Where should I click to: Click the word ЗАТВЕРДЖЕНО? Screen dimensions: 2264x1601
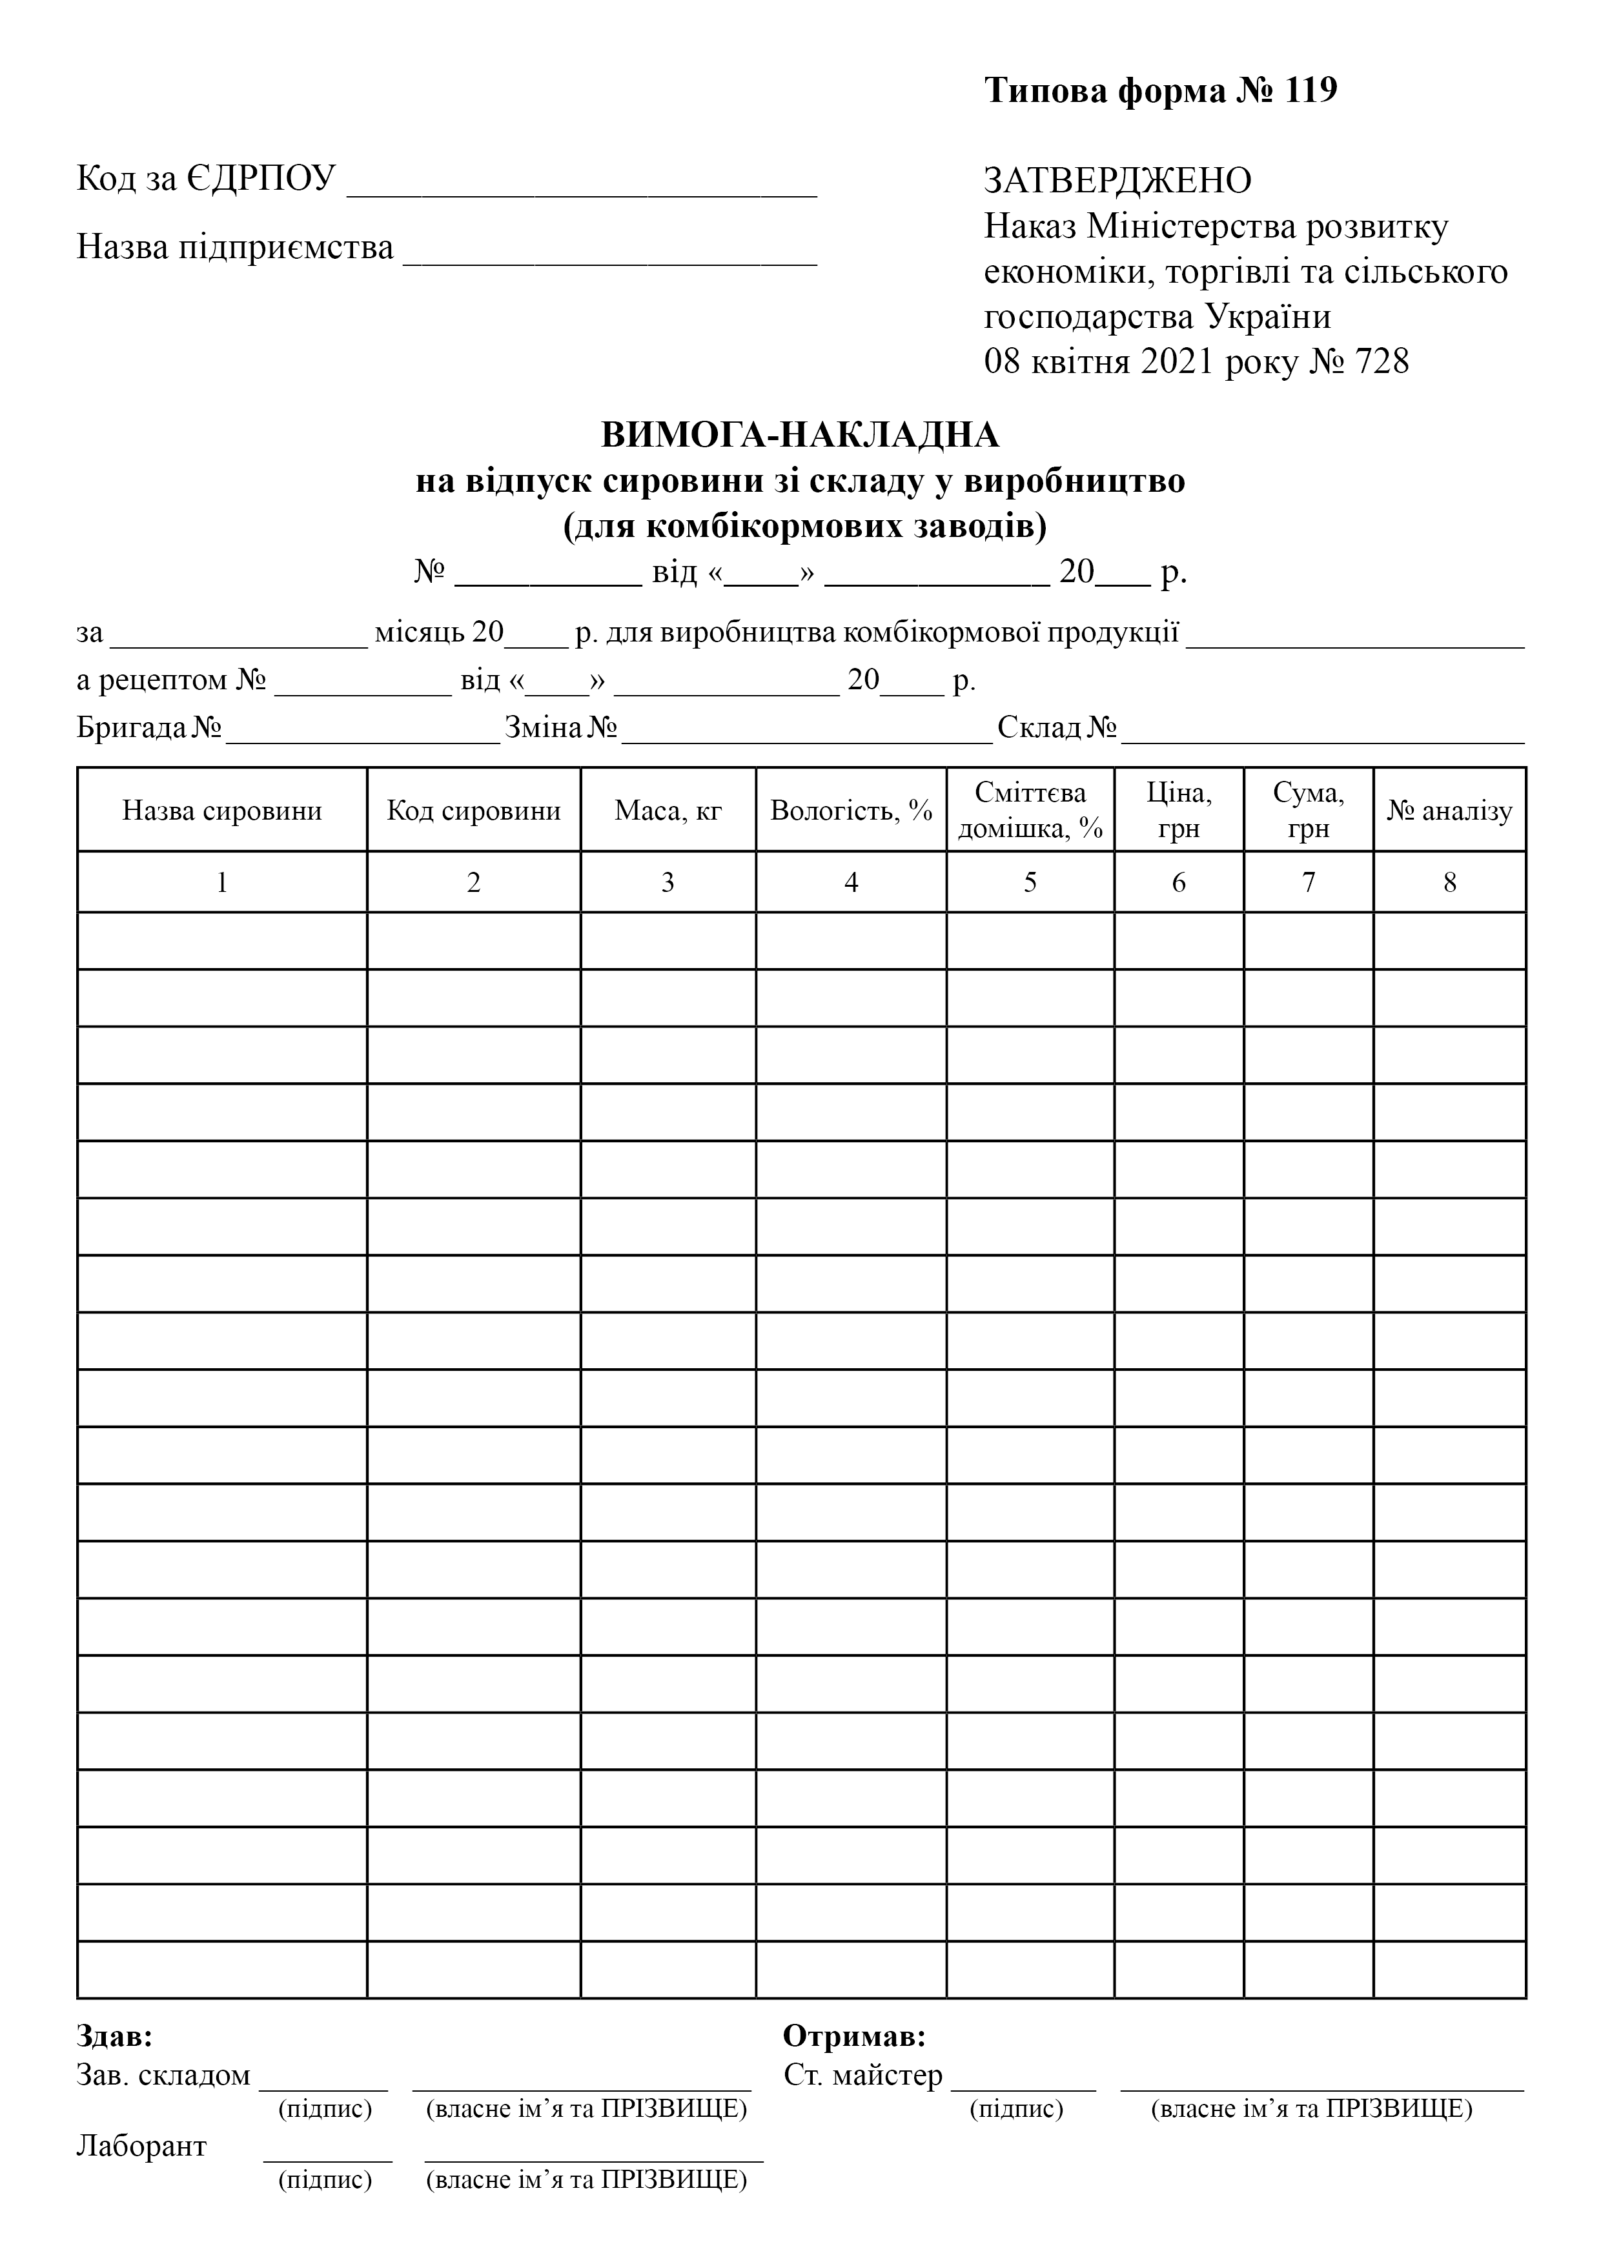point(1117,181)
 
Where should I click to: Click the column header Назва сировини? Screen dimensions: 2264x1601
point(222,811)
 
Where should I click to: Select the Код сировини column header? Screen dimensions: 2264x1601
point(473,811)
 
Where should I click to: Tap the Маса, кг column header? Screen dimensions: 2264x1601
point(668,811)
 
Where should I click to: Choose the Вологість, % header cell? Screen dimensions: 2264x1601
point(851,811)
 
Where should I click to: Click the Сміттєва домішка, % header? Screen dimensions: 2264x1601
point(1030,811)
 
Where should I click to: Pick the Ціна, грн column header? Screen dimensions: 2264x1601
point(1179,811)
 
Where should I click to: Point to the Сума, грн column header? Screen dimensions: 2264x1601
point(1308,811)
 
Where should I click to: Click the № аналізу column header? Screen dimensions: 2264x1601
point(1449,811)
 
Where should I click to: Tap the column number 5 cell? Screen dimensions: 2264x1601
point(1030,882)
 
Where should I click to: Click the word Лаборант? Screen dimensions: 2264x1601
point(141,2146)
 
